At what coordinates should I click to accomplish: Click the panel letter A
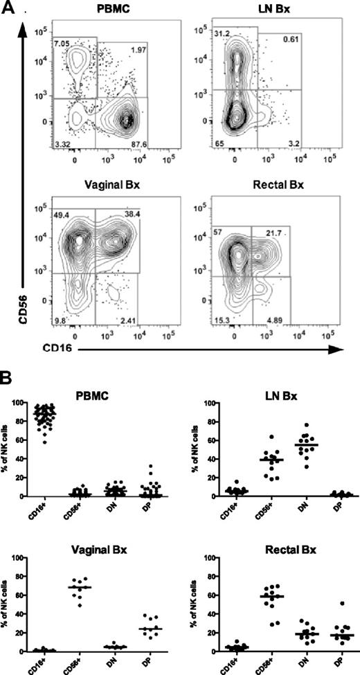point(10,10)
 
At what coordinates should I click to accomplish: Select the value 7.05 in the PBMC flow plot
point(43,44)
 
